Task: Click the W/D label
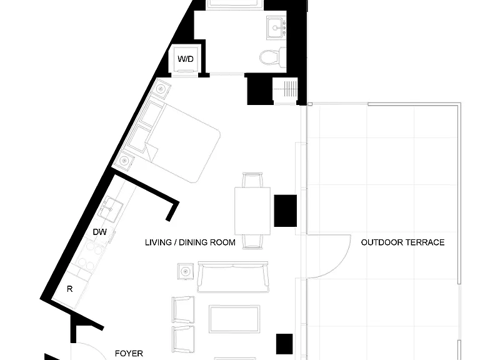click(x=186, y=59)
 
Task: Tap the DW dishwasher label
click(x=100, y=232)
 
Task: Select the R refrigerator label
click(x=70, y=289)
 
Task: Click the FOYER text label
click(x=129, y=354)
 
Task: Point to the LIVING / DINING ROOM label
click(x=190, y=242)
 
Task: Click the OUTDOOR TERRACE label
click(x=402, y=242)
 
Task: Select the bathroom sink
click(x=276, y=28)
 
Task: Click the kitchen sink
click(x=110, y=209)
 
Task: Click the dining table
click(x=252, y=211)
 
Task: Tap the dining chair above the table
click(x=252, y=180)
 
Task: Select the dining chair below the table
click(x=252, y=242)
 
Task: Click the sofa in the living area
click(x=233, y=277)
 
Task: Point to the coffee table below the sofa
click(x=234, y=319)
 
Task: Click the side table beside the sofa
click(x=186, y=271)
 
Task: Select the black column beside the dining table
click(x=285, y=211)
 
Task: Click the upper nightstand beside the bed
click(x=160, y=89)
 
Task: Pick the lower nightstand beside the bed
click(x=124, y=160)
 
